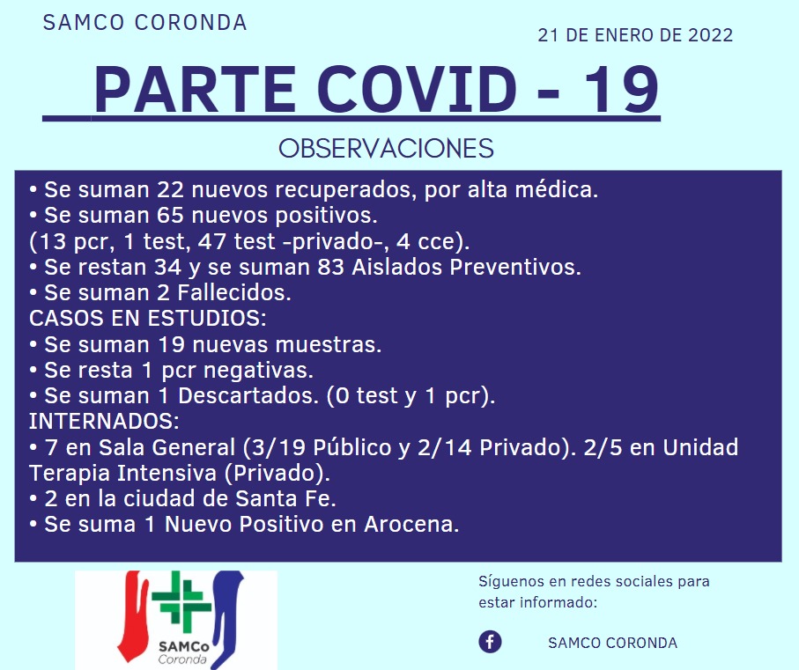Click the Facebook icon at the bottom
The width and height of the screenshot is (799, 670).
[x=490, y=642]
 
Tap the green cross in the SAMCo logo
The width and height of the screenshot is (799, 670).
[x=182, y=599]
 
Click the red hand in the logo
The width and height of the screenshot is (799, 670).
[x=133, y=615]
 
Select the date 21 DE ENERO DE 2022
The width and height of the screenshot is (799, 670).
[x=635, y=35]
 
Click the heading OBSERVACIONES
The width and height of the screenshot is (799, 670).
[x=386, y=148]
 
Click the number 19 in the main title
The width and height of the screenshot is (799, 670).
[x=622, y=89]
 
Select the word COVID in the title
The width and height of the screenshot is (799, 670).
[x=420, y=89]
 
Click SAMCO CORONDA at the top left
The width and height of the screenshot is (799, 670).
[x=145, y=22]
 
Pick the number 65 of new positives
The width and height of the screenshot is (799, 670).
[x=170, y=216]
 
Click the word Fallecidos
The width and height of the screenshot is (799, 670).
[x=234, y=293]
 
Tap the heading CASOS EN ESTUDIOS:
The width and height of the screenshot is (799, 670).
[x=148, y=318]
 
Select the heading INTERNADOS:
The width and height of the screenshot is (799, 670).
[x=104, y=421]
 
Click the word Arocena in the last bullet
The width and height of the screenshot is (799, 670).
[x=411, y=524]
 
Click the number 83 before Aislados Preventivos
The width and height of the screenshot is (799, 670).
[x=330, y=267]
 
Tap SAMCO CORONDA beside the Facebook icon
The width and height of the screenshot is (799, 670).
[x=612, y=643]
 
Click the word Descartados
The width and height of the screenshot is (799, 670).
[x=248, y=395]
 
